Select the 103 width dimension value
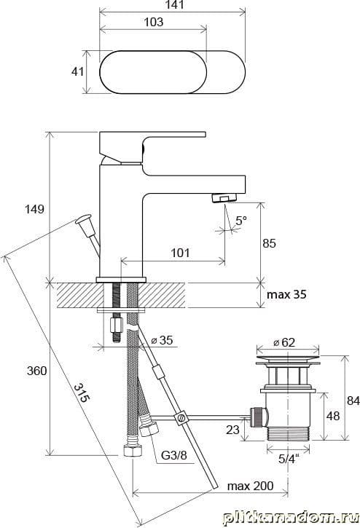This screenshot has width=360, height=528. [x=154, y=23]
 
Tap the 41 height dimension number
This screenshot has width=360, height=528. [x=77, y=71]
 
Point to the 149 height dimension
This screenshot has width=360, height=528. [x=34, y=209]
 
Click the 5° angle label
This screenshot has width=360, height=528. [x=241, y=221]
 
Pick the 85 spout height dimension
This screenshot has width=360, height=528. [x=269, y=243]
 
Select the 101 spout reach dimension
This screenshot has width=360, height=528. [x=180, y=253]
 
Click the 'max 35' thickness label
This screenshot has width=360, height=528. [x=286, y=295]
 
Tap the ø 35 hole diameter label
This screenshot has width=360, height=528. [x=162, y=340]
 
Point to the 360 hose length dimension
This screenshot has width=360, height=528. [x=36, y=371]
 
